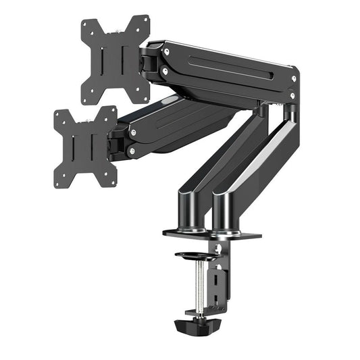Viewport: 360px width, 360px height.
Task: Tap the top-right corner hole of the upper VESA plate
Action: [x=144, y=22]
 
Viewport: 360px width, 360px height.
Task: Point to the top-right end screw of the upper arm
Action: [x=293, y=79]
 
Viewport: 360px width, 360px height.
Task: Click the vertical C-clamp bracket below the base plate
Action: [x=220, y=277]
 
